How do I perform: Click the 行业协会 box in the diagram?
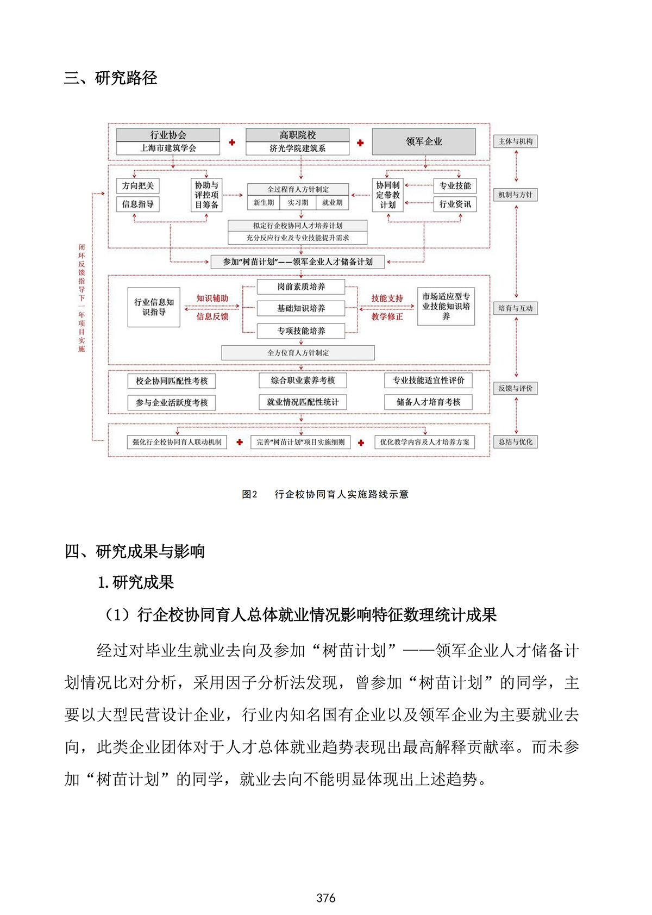point(168,135)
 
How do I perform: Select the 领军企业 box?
point(424,141)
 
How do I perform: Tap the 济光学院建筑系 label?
point(297,148)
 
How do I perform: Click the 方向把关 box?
point(138,186)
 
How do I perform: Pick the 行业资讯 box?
point(455,204)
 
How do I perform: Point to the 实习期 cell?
point(298,203)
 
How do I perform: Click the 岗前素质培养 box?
point(301,287)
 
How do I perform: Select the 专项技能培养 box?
point(301,331)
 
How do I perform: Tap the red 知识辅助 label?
point(212,298)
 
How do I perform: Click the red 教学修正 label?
point(387,316)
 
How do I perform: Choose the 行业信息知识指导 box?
point(154,307)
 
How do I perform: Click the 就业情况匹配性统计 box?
point(303,402)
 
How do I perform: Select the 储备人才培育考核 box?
point(428,402)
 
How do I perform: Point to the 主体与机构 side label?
point(515,141)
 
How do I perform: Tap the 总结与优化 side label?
point(515,442)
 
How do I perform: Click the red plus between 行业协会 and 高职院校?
point(232,142)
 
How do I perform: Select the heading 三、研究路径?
point(111,78)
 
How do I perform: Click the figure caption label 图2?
point(249,494)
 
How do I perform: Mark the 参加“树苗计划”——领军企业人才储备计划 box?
point(298,262)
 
